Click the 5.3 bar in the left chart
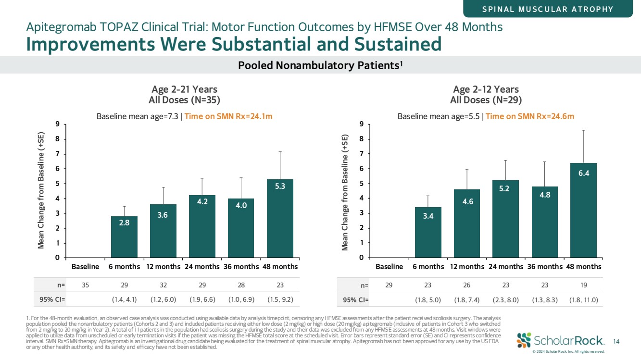(x=280, y=219)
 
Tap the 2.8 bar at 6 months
(x=124, y=237)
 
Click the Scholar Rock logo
(x=560, y=340)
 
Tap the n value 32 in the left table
(x=163, y=285)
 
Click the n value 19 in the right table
(x=583, y=285)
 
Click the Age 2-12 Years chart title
(x=486, y=89)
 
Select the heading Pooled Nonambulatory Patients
(x=320, y=65)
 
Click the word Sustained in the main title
(x=397, y=44)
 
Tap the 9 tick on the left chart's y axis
(x=58, y=124)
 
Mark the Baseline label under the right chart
(x=389, y=266)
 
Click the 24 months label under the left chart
(x=202, y=266)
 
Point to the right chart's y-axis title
(x=344, y=192)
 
